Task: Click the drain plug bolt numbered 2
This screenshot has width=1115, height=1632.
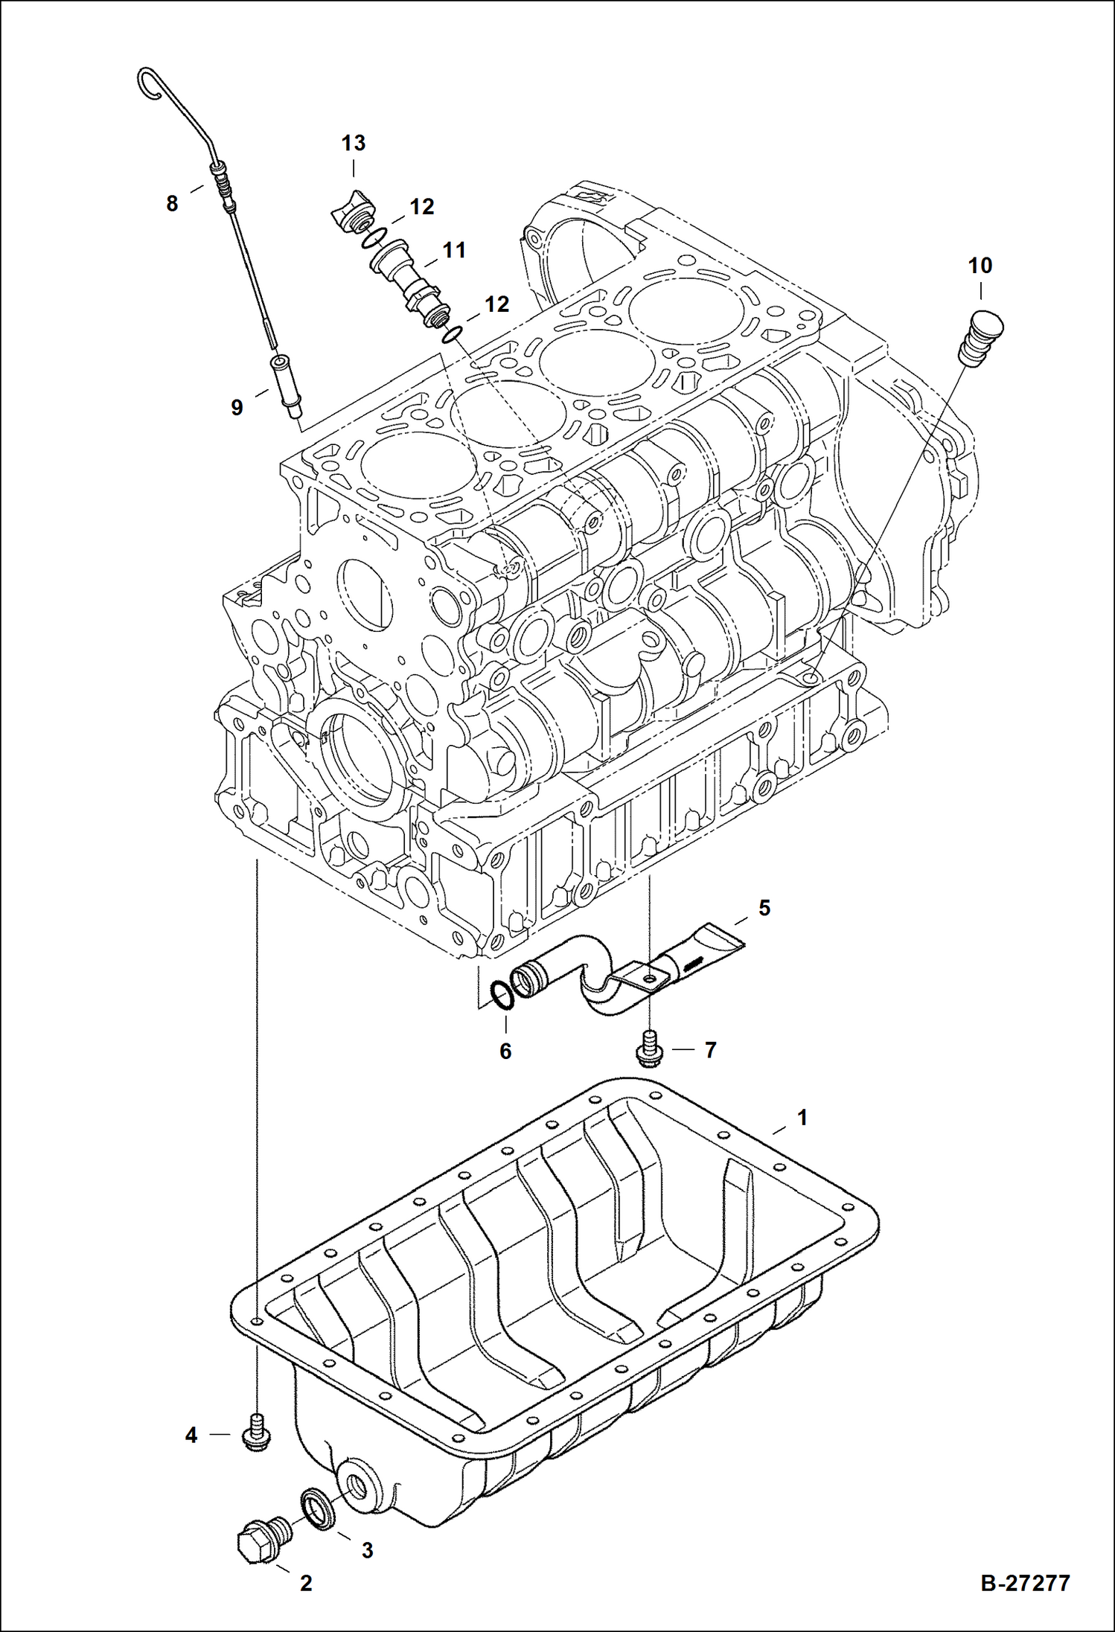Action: pyautogui.click(x=261, y=1535)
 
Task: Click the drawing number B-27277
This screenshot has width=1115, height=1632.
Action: pyautogui.click(x=1025, y=1583)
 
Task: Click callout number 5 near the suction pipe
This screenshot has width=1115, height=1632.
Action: pyautogui.click(x=764, y=908)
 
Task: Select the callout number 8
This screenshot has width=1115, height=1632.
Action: pyautogui.click(x=172, y=203)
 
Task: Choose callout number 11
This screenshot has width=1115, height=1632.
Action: pyautogui.click(x=454, y=251)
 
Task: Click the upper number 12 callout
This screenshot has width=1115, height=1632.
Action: pyautogui.click(x=421, y=207)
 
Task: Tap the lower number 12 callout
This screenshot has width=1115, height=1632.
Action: pyautogui.click(x=496, y=304)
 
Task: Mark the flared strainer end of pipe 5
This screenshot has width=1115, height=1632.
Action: pyautogui.click(x=718, y=938)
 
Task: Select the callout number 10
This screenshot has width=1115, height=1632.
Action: pyautogui.click(x=980, y=266)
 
